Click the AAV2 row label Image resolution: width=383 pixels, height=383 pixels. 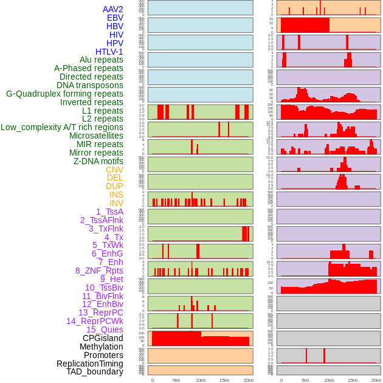click(x=113, y=9)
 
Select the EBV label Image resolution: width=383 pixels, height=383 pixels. click(x=115, y=18)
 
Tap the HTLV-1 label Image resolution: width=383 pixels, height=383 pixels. click(x=109, y=52)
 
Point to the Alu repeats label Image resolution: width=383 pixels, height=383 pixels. click(x=101, y=60)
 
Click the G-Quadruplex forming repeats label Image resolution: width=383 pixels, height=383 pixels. click(x=64, y=94)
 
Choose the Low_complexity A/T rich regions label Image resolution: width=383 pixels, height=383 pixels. click(x=62, y=127)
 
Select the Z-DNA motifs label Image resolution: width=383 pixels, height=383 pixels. click(x=98, y=161)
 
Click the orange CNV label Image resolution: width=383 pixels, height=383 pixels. click(x=114, y=170)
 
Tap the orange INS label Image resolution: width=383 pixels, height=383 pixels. click(x=116, y=195)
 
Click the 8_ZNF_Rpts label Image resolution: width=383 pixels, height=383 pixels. click(x=99, y=271)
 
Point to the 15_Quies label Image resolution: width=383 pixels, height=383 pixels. click(x=105, y=330)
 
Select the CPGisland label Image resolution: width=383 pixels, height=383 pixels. click(x=103, y=338)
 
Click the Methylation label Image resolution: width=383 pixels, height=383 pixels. click(x=102, y=347)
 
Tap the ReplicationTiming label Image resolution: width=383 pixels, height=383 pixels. click(x=90, y=364)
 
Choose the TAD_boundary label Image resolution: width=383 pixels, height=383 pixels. click(x=95, y=371)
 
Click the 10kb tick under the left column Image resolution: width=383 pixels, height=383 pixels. click(x=201, y=380)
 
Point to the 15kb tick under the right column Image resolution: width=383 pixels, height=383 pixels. click(x=353, y=380)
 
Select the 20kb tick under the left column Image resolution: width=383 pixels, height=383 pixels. click(x=249, y=380)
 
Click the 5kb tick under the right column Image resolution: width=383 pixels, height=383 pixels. click(x=305, y=380)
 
